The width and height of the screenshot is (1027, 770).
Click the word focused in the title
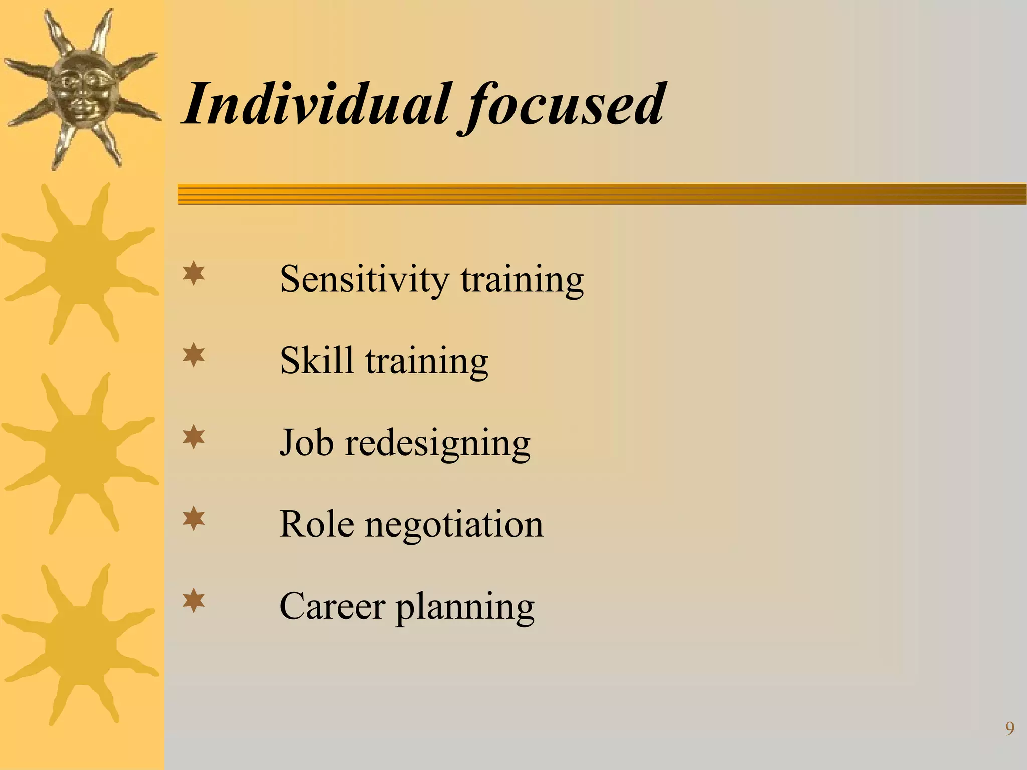tap(564, 106)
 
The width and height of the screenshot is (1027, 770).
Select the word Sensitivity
tap(364, 279)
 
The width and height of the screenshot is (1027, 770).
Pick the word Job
tap(306, 442)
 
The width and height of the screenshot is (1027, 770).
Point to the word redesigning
tap(437, 444)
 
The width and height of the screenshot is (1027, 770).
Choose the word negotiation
tap(454, 525)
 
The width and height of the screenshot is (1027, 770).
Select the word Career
tap(332, 606)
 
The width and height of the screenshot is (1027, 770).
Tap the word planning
tap(465, 608)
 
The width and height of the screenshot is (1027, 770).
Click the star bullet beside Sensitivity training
tap(194, 275)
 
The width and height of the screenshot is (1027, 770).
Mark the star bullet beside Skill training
tap(194, 356)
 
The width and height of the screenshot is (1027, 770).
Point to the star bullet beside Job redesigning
tap(194, 438)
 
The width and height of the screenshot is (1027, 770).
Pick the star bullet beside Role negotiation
tap(194, 519)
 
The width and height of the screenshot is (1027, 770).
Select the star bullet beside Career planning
tap(194, 601)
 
